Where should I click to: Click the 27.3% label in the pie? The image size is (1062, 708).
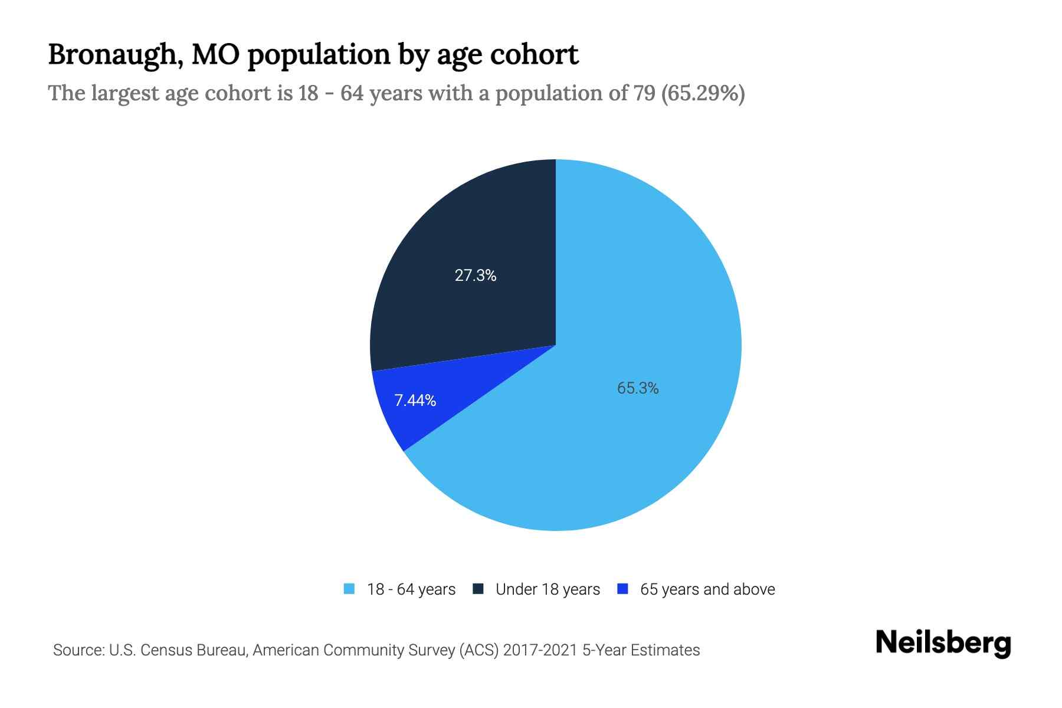tap(476, 276)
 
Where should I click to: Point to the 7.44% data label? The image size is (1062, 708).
tap(415, 401)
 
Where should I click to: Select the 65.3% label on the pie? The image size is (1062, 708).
tap(638, 388)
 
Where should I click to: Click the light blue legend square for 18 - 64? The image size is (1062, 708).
tap(349, 589)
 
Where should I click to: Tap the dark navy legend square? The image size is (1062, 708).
tap(478, 589)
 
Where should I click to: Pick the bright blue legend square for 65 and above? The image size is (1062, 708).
tap(622, 589)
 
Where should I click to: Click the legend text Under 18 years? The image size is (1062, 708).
tap(548, 589)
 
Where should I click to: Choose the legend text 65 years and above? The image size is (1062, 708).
tap(707, 589)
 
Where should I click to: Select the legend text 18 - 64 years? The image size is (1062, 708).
tap(411, 589)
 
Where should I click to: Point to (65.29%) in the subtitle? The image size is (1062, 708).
tap(703, 93)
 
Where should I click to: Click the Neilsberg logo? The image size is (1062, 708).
tap(943, 643)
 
